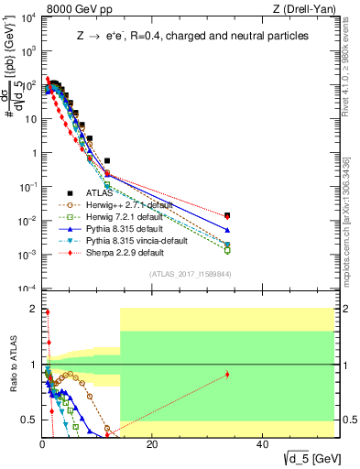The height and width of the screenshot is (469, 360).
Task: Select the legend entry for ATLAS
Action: (x=97, y=192)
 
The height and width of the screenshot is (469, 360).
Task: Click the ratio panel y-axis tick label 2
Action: (x=31, y=309)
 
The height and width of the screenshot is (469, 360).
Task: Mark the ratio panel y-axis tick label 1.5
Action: (x=27, y=336)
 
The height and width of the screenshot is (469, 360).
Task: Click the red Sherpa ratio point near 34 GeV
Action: (x=227, y=374)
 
